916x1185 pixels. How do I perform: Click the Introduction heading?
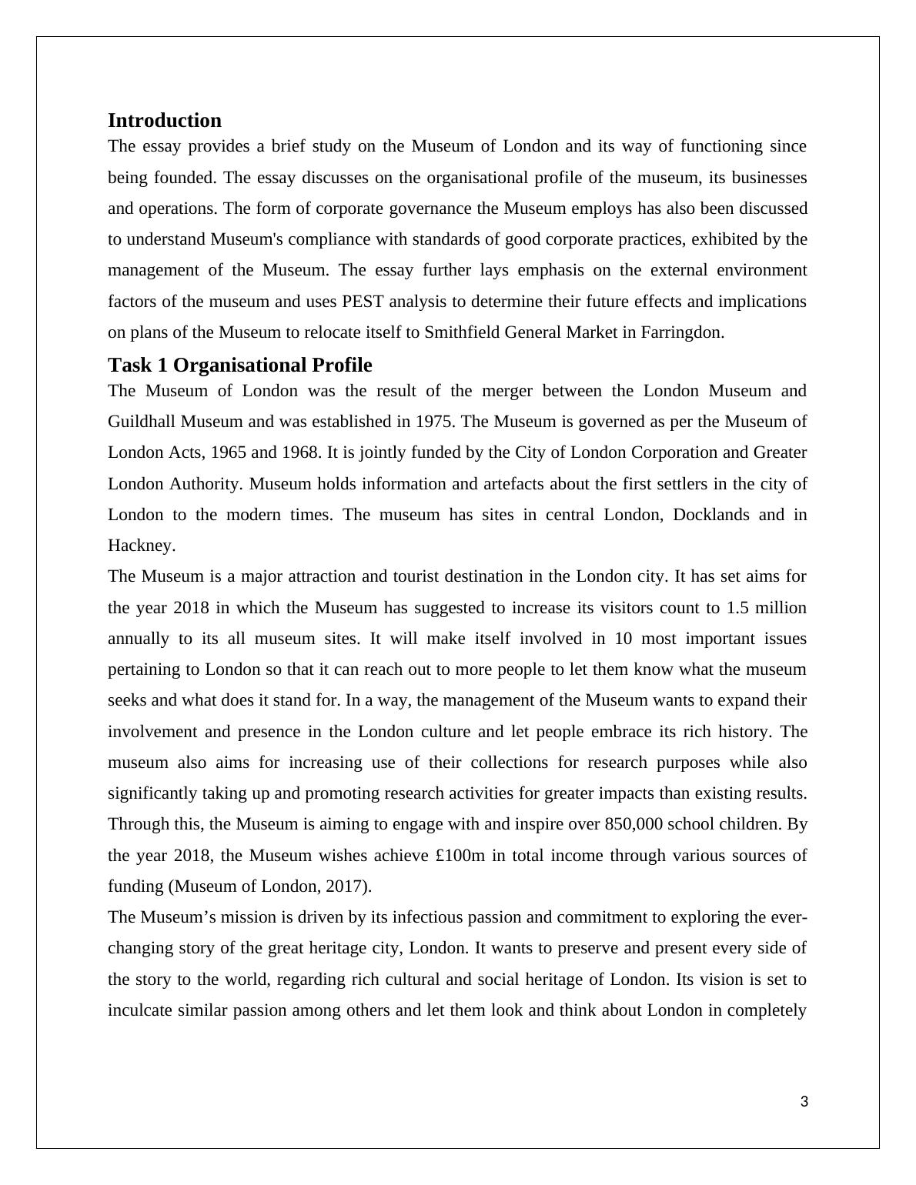tap(164, 121)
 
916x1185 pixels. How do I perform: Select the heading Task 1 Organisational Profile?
tap(239, 365)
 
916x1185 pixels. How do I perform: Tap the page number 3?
tap(804, 1102)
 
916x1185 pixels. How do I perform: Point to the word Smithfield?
tap(462, 332)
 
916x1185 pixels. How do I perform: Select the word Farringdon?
tap(683, 332)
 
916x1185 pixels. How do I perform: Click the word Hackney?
tap(141, 546)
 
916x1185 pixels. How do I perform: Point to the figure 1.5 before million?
tap(737, 608)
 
